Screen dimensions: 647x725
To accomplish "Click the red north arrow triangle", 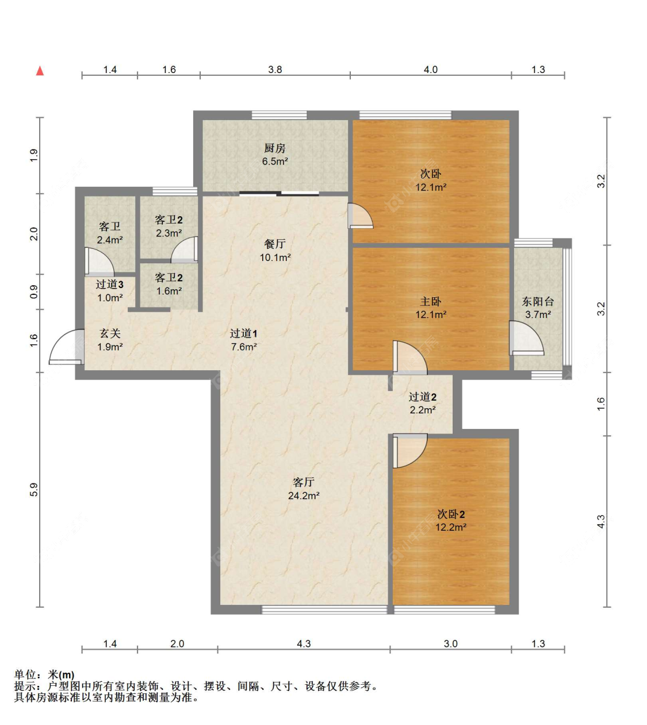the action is [x=40, y=71].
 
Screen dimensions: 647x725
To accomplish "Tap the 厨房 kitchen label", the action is [x=275, y=148].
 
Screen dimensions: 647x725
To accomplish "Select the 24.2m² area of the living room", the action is [x=304, y=496].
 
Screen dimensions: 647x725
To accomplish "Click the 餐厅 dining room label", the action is [x=275, y=244].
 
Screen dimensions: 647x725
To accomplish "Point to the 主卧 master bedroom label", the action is [x=430, y=301].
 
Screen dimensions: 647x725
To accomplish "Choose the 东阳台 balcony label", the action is [x=538, y=301].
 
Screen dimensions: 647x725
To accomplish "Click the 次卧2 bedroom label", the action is [x=451, y=514].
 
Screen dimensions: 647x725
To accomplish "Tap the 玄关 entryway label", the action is [x=110, y=333].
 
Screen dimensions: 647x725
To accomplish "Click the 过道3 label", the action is [x=110, y=284].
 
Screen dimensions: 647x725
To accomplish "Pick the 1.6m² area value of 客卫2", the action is [x=169, y=291].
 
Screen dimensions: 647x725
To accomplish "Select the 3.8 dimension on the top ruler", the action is [x=275, y=70].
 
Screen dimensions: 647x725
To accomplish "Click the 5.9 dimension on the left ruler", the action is [x=34, y=489].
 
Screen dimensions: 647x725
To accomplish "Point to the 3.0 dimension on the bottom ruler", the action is [x=450, y=644].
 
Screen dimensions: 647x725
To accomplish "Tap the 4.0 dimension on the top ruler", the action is [x=430, y=70].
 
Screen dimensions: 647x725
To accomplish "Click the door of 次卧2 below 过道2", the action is [x=410, y=451].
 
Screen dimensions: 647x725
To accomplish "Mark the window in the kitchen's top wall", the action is [x=280, y=115].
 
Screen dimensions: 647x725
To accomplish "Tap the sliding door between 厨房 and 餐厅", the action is [x=280, y=194].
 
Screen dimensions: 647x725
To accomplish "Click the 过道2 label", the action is [x=423, y=397].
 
